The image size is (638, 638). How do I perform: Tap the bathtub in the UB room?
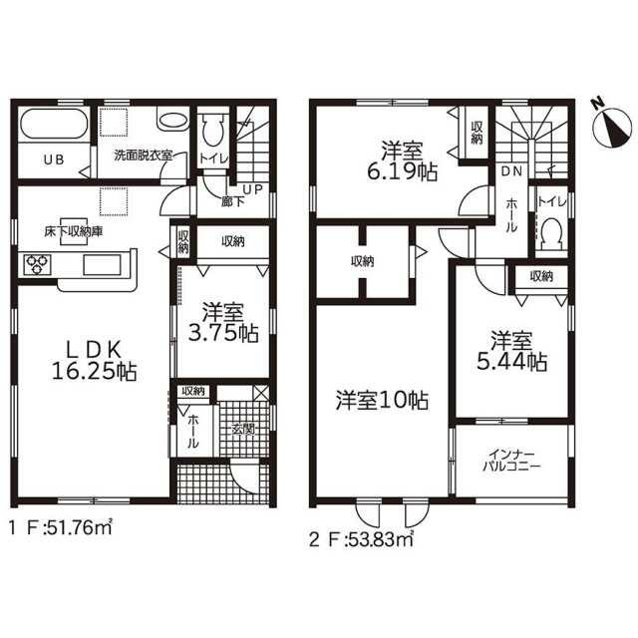point(54,124)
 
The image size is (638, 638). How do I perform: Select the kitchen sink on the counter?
point(102,265)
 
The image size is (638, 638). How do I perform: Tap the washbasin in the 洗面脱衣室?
point(173,121)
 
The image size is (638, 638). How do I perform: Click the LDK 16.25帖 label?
point(94,360)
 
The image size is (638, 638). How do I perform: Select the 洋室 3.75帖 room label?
point(223,323)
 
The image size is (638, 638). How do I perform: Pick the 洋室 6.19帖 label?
point(402,161)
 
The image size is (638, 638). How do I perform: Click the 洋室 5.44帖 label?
point(511,351)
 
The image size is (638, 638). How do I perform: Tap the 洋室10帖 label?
point(382,401)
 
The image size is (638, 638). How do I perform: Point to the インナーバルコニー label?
point(511,460)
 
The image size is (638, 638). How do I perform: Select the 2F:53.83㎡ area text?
point(361,539)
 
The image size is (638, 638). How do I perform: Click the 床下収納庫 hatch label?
point(74,231)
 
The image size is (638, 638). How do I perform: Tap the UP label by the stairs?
point(252,189)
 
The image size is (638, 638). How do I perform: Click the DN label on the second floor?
point(511,171)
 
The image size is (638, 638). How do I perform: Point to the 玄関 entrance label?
point(243,429)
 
